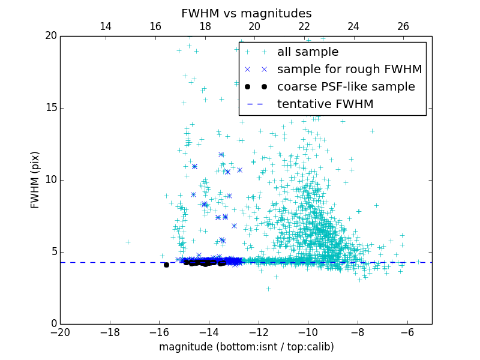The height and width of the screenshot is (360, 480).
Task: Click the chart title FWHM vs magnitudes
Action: (x=246, y=13)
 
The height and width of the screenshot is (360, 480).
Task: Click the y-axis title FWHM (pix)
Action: (x=35, y=179)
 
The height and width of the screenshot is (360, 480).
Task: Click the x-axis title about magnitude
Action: (x=246, y=347)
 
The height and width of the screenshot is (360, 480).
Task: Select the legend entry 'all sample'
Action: (x=307, y=52)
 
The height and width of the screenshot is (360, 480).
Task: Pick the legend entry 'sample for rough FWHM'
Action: (x=349, y=70)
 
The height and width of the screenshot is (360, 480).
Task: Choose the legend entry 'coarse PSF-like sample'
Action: (x=346, y=87)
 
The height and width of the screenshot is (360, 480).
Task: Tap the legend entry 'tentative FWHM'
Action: (x=325, y=104)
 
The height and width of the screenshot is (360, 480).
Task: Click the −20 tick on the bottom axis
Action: (x=60, y=332)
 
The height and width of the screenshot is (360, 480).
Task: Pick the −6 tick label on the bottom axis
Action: (x=407, y=332)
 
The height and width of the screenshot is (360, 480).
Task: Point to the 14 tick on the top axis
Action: (x=106, y=26)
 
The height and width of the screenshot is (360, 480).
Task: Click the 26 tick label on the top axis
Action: (x=403, y=26)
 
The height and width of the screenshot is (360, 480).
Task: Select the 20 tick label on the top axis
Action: (x=254, y=26)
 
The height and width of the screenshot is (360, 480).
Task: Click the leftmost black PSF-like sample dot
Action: (x=166, y=265)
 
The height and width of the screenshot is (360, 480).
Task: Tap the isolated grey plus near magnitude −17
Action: (x=128, y=242)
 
